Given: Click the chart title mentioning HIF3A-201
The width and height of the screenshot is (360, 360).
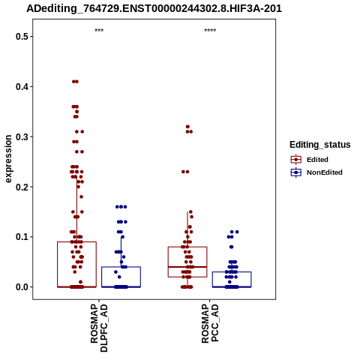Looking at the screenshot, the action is [x=154, y=9].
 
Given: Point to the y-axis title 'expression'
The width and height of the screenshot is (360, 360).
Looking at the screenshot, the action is [x=8, y=159].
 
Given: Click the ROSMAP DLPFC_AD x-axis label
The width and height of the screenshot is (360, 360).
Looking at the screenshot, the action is [x=99, y=328].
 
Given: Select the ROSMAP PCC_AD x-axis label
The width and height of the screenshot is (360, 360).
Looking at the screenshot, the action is [x=210, y=323].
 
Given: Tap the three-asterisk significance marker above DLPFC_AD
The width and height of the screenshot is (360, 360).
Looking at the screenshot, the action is [x=99, y=31].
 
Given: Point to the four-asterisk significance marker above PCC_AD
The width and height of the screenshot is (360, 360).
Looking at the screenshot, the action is [x=210, y=31].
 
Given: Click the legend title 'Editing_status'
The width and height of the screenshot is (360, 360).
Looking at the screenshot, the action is [x=320, y=145].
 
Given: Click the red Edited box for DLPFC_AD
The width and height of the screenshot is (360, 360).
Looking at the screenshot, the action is [x=57, y=264].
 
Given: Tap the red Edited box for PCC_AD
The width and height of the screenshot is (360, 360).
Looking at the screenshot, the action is [x=168, y=262].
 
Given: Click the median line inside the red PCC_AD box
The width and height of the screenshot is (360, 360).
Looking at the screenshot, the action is [x=187, y=267].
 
